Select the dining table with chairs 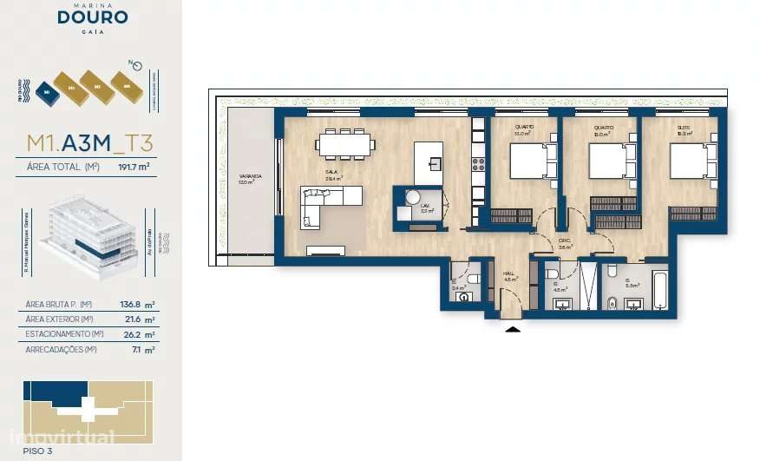click(x=345, y=144)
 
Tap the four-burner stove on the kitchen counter click(x=477, y=162)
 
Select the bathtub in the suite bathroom click(x=659, y=290)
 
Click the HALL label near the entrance click(x=510, y=273)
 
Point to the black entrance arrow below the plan click(x=513, y=328)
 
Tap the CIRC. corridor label click(x=564, y=243)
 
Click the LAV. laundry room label click(x=426, y=205)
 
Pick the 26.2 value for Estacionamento click(x=126, y=333)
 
